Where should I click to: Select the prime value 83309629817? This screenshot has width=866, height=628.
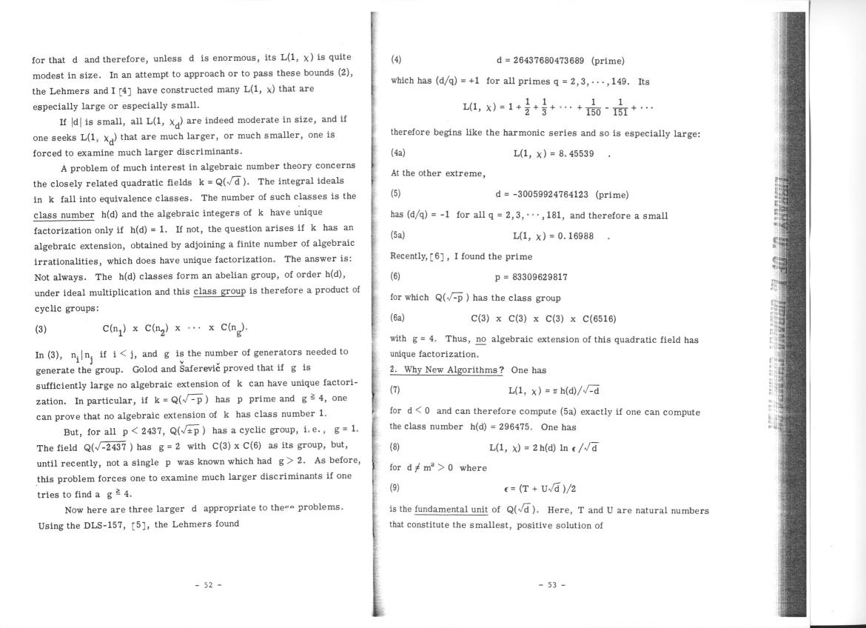(x=531, y=277)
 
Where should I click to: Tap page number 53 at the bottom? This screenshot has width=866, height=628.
(x=552, y=585)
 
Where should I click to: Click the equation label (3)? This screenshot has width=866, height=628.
(x=44, y=328)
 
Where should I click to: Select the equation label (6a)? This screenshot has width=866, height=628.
(x=397, y=318)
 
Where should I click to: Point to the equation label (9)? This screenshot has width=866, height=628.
(x=396, y=489)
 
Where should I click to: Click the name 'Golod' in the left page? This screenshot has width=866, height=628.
(x=147, y=369)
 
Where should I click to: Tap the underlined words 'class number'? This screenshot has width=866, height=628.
(x=64, y=215)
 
